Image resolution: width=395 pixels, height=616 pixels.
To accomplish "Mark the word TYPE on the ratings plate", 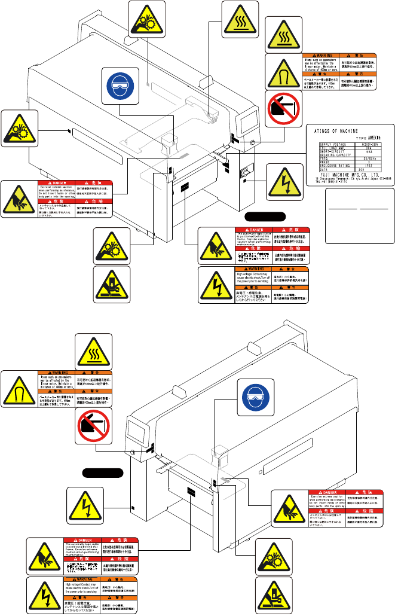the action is [361, 138].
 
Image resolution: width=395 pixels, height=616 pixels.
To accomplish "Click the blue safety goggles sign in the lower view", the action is [256, 397].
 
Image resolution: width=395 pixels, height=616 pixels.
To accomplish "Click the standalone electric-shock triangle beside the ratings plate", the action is [283, 181].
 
